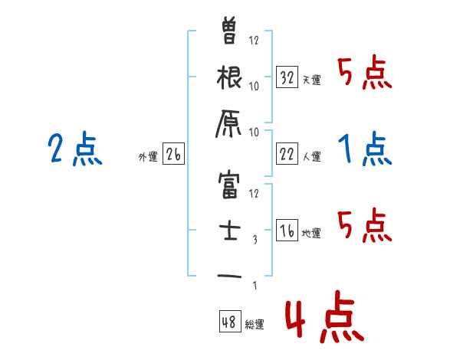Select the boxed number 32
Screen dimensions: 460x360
coord(286,77)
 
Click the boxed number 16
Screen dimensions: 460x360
coord(286,231)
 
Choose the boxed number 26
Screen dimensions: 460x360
coord(173,155)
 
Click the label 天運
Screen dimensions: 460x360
coord(311,80)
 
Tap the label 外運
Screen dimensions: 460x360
coord(148,157)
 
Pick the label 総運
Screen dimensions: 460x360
coord(255,325)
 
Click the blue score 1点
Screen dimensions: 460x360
coord(365,148)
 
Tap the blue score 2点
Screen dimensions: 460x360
coord(74,149)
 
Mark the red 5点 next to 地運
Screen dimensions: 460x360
coord(365,224)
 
